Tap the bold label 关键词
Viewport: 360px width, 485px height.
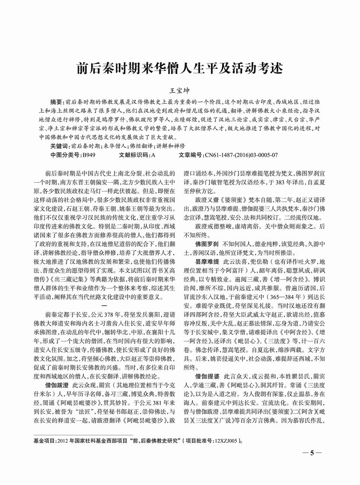[60, 146]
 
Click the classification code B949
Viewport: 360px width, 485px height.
[89, 154]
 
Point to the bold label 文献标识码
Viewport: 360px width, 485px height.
[133, 154]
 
